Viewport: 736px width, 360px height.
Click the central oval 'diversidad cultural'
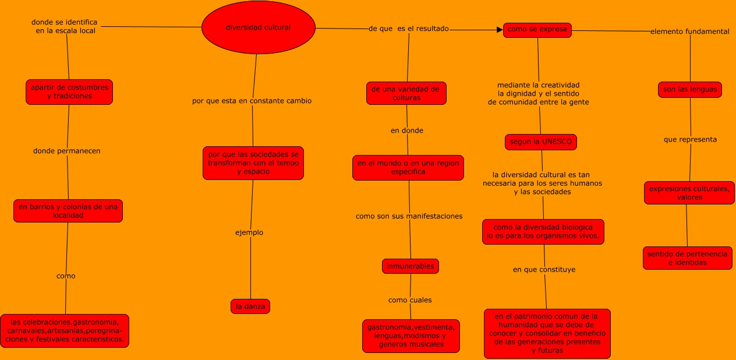pos(258,27)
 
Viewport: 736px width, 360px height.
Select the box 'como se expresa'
pos(537,30)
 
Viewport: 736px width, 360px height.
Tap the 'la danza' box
pos(250,306)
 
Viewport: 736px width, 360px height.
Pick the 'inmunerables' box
pos(411,266)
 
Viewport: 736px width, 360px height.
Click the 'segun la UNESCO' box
pos(541,142)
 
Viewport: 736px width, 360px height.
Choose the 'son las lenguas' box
pos(690,90)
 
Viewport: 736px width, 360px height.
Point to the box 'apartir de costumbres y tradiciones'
pos(69,92)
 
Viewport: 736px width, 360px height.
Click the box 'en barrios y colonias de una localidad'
pos(68,211)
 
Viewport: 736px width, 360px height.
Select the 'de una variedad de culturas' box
pos(406,93)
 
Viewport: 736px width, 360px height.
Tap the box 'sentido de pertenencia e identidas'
pos(687,258)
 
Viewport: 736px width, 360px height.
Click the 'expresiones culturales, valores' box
pos(689,193)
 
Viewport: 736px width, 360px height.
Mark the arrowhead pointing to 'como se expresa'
pos(499,30)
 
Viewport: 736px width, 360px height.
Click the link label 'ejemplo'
pos(249,232)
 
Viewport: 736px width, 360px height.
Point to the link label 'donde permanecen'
pos(67,151)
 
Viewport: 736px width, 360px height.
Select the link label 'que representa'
pos(691,140)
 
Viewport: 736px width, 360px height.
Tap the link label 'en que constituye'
pos(544,270)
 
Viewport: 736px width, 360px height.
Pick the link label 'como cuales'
pos(410,300)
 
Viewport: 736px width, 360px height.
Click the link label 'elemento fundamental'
pos(689,32)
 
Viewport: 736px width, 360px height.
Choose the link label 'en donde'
pos(407,130)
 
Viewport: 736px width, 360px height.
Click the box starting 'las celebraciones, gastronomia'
pos(65,331)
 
